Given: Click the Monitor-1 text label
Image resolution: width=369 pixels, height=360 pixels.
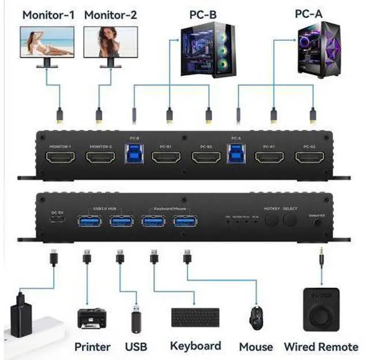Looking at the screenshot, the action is (x=48, y=14).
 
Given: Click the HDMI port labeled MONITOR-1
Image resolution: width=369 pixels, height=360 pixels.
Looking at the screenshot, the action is (x=61, y=157).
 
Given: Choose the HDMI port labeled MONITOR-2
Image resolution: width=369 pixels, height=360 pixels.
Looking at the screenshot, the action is (x=101, y=157).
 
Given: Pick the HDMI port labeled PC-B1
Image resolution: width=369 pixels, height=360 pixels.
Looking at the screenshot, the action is (x=165, y=157).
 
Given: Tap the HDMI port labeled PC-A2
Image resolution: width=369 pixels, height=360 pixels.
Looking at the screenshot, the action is (x=310, y=157).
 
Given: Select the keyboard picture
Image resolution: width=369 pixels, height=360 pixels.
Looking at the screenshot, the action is (x=195, y=317).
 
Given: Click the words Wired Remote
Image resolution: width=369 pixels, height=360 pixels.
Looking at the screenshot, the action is (x=321, y=347).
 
